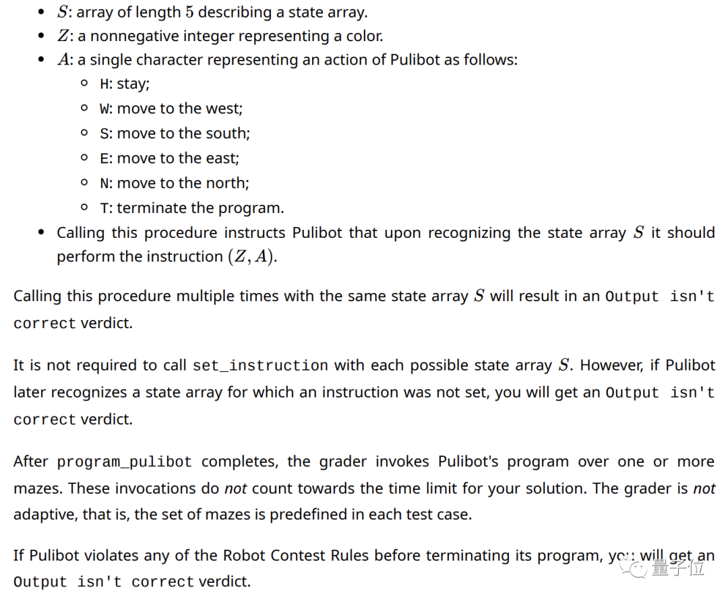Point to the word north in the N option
tap(227, 183)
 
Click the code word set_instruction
tap(260, 366)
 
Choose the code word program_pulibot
tap(125, 463)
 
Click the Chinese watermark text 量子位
tap(677, 568)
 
